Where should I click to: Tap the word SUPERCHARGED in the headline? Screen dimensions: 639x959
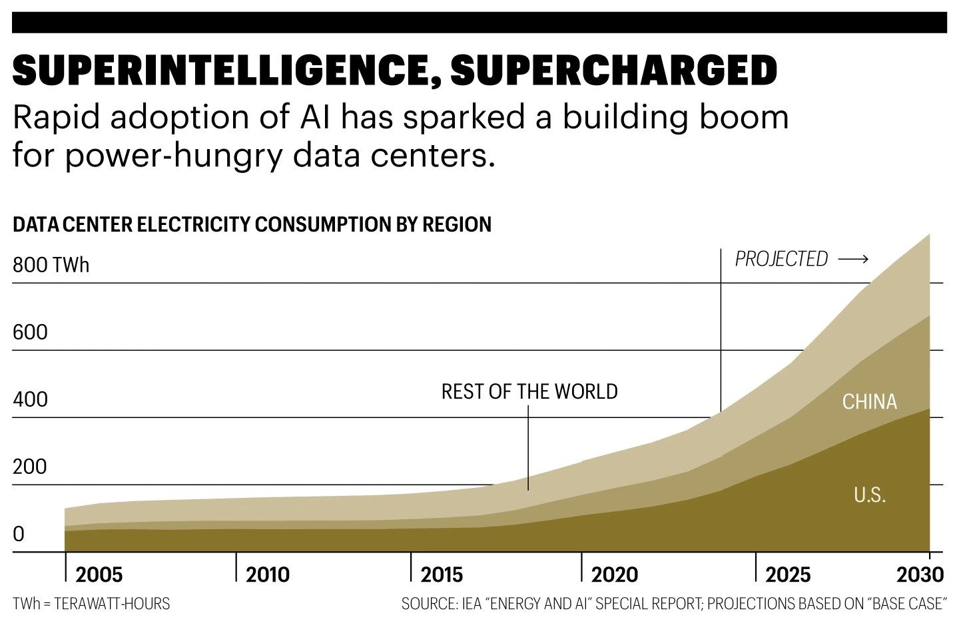click(614, 70)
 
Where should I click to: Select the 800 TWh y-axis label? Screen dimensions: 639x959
click(51, 265)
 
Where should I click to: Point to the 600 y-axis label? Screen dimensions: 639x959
click(30, 332)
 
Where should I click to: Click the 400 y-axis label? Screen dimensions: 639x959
click(30, 399)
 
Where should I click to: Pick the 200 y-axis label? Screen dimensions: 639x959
click(30, 467)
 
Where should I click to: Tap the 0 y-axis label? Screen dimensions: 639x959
click(19, 534)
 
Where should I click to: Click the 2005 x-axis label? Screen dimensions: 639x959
click(99, 574)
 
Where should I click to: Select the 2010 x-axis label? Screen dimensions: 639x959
click(268, 574)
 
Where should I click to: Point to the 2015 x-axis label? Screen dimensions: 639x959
click(442, 574)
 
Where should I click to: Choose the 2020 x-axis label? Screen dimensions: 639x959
click(614, 574)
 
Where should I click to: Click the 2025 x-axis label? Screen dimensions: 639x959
click(788, 574)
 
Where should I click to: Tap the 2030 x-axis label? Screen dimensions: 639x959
click(920, 574)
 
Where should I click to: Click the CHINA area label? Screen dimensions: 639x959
click(869, 401)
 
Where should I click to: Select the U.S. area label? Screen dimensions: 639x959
click(869, 495)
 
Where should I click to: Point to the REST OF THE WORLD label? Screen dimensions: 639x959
click(529, 391)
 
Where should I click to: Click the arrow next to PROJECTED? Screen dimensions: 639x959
click(853, 259)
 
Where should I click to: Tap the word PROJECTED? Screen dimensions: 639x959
click(781, 259)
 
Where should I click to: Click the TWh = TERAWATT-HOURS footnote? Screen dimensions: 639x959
click(91, 604)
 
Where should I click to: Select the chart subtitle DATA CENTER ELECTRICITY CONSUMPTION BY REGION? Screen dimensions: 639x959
click(252, 224)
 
